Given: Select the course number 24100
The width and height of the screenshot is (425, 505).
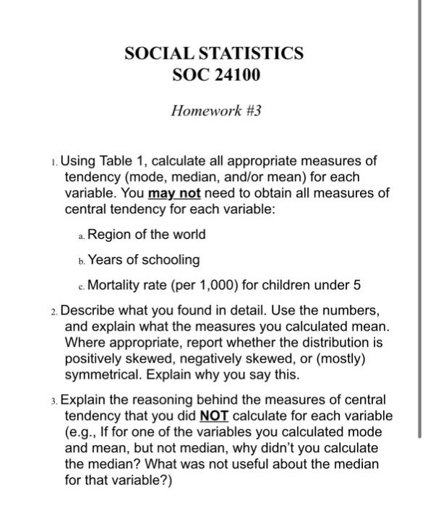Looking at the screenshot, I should [x=236, y=74].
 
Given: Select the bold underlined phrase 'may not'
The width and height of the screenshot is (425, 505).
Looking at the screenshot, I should [x=174, y=193].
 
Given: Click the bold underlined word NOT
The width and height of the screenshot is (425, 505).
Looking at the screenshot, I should [x=213, y=416].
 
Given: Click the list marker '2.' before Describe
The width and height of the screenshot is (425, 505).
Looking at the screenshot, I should [x=56, y=312].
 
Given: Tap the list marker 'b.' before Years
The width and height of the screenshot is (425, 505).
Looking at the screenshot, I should [x=81, y=260].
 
